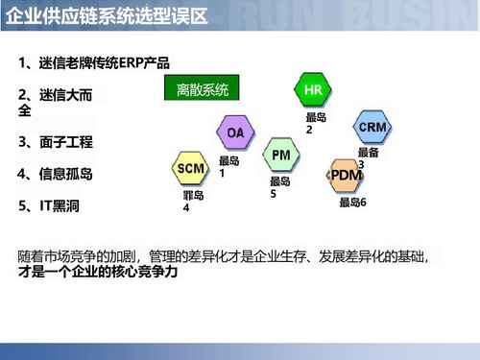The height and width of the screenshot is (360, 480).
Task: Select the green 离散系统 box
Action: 203,90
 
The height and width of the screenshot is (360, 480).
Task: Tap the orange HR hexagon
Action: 312,90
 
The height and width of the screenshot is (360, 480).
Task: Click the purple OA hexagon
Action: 235,132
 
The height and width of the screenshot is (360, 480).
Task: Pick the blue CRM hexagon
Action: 372,128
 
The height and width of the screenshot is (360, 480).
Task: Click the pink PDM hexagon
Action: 346,175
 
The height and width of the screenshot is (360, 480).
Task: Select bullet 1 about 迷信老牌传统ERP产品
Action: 94,63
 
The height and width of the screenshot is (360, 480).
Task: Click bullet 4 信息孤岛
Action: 56,174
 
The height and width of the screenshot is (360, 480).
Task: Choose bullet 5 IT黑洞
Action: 54,205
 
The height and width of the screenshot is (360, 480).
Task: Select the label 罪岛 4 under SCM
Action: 193,201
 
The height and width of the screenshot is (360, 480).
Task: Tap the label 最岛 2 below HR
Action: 316,123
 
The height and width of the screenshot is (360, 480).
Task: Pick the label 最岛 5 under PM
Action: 279,186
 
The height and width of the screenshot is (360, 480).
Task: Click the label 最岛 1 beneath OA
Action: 228,167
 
